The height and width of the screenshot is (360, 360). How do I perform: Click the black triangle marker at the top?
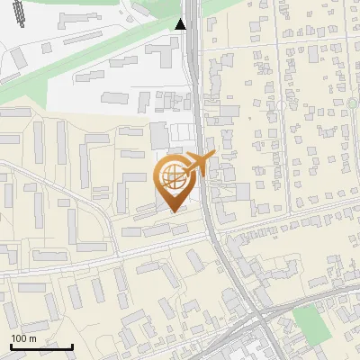182,23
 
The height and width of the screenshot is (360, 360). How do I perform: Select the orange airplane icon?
200,163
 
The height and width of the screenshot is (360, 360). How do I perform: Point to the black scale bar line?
41,346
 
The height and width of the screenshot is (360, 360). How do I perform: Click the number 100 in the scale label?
20,338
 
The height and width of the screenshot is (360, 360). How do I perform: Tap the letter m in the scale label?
32,338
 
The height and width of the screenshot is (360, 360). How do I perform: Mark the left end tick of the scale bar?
11,346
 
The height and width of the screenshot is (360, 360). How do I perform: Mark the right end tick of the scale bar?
72,346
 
